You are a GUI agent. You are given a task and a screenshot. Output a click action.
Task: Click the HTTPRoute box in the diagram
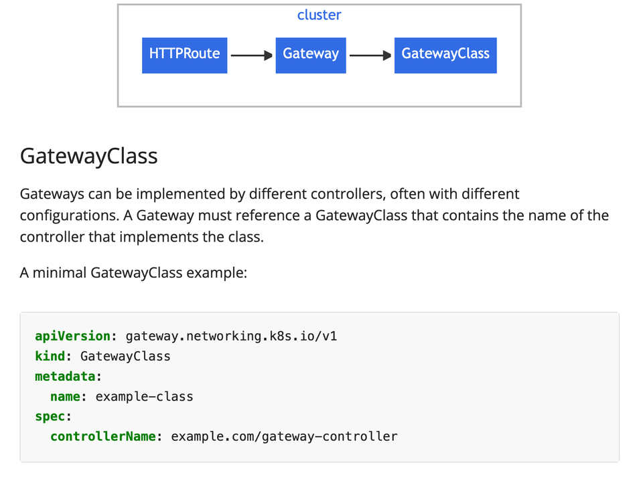point(184,55)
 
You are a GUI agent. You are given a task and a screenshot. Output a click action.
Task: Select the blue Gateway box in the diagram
point(311,55)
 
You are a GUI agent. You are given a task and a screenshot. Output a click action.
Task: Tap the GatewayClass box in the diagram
point(445,55)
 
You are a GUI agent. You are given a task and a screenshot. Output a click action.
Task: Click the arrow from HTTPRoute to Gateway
point(251,56)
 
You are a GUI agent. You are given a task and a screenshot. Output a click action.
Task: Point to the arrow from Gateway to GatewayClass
point(370,56)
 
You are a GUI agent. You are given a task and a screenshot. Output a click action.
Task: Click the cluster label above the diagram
point(319,15)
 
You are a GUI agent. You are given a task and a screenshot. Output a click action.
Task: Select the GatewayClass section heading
point(88,156)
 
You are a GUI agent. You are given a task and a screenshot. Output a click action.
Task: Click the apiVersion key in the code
point(72,336)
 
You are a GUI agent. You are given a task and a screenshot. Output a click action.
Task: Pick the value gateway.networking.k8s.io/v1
point(231,336)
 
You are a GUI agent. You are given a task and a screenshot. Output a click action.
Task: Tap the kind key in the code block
point(50,356)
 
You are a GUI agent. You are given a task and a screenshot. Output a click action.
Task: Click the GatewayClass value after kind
point(125,356)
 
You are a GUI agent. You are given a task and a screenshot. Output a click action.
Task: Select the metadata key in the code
point(65,376)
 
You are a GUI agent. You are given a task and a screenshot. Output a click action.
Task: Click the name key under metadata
point(65,396)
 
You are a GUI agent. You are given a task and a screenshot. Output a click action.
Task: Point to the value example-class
point(144,396)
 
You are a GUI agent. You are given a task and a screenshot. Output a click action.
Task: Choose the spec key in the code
point(50,416)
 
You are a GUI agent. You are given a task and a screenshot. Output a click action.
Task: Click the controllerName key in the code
point(103,436)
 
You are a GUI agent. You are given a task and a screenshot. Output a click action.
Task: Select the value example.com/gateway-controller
point(284,436)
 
